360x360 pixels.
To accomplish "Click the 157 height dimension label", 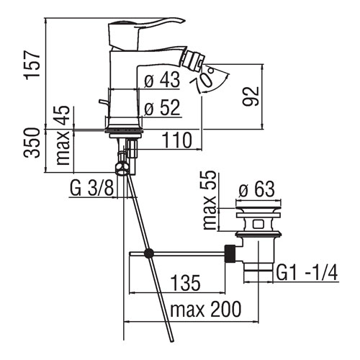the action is click(32, 63).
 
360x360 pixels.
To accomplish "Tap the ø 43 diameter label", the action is click(162, 80).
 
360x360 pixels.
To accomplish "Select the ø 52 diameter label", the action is click(162, 108).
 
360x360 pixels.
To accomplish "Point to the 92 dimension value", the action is click(251, 96).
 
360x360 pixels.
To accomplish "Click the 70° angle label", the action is click(204, 78).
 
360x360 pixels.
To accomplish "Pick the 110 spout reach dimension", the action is click(177, 140).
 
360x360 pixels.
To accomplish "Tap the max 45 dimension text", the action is click(63, 135).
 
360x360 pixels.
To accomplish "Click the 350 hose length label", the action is click(32, 143).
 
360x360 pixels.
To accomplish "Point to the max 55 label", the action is click(210, 200).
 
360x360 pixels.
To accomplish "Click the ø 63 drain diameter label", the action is click(257, 189).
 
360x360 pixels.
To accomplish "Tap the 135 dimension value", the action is click(185, 282).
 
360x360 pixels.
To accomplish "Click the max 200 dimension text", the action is click(205, 309).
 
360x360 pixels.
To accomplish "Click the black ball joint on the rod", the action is click(149, 253).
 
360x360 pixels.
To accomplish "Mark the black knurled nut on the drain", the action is click(230, 254).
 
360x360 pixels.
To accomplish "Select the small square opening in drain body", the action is click(258, 225).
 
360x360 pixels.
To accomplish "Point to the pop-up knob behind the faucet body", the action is click(103, 102).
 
